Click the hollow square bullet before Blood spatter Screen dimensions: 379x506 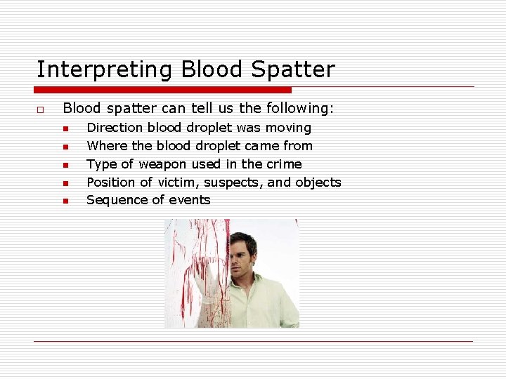pyautogui.click(x=41, y=109)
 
